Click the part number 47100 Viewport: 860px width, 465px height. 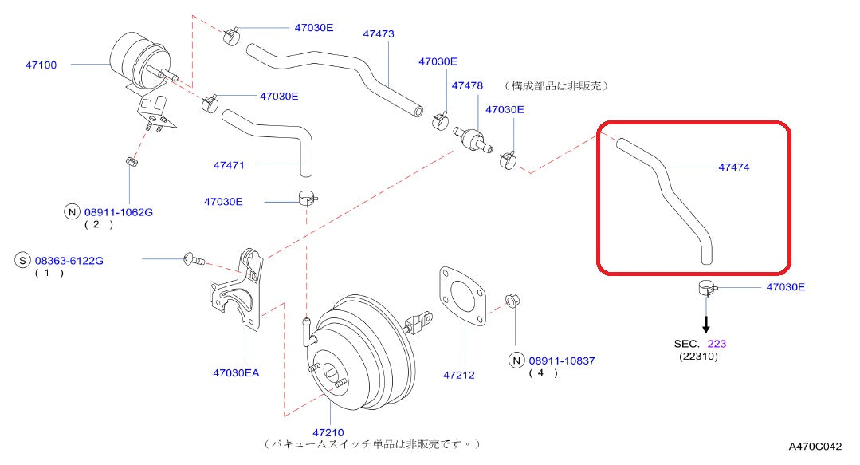(x=41, y=65)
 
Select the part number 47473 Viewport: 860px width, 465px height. (x=379, y=34)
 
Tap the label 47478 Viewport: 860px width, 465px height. (x=468, y=85)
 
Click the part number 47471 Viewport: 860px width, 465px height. (x=229, y=165)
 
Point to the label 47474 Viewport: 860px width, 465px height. (x=734, y=167)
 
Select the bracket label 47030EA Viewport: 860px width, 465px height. (x=236, y=372)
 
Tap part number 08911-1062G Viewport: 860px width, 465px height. (x=119, y=212)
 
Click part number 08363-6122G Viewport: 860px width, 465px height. (x=70, y=260)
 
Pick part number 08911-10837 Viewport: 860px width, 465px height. (x=563, y=361)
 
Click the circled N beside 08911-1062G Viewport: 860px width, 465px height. (x=73, y=212)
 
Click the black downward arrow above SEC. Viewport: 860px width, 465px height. (x=705, y=323)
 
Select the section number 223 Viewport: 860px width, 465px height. (x=717, y=344)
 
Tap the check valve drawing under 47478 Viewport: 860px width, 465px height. (x=473, y=136)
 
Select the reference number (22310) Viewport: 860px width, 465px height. (x=699, y=357)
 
